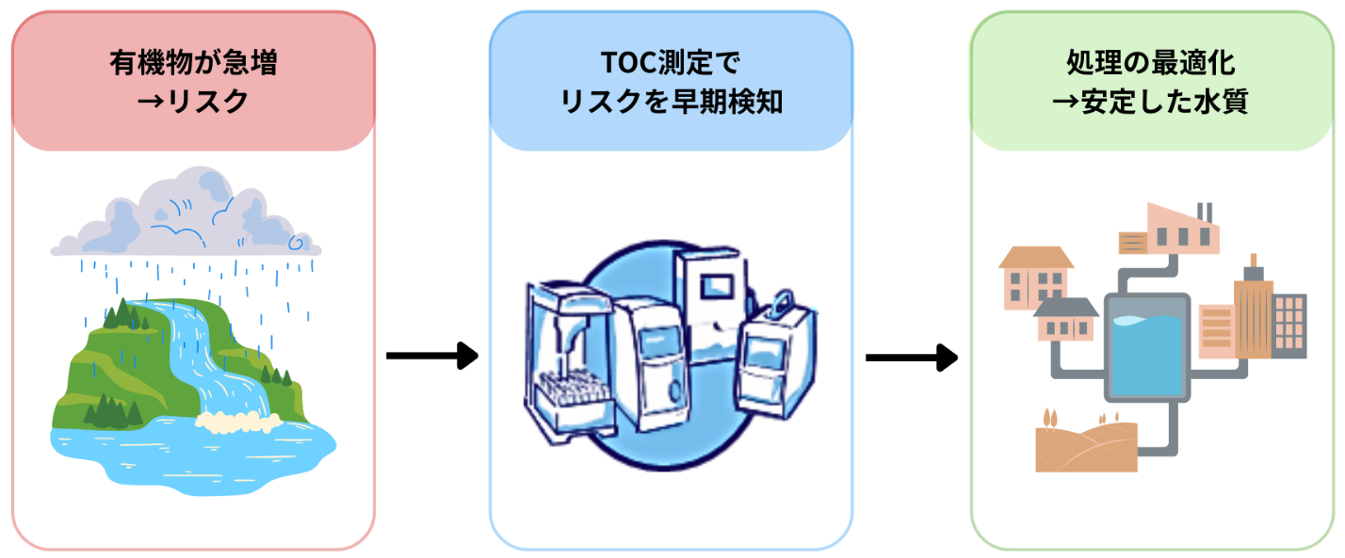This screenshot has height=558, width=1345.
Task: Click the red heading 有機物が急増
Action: [193, 64]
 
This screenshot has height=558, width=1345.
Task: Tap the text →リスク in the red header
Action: [193, 101]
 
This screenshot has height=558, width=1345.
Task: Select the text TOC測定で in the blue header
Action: [671, 64]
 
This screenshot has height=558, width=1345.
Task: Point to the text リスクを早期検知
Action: [671, 101]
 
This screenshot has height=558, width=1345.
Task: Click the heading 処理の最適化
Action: [1150, 64]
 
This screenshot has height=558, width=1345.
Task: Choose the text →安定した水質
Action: [1150, 101]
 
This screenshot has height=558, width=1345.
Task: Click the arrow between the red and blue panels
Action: [432, 356]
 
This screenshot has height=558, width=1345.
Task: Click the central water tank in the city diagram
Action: [1146, 346]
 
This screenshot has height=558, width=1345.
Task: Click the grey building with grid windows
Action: [1289, 325]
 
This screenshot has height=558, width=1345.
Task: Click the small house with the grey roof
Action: [1065, 320]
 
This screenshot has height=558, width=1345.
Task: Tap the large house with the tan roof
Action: [1033, 278]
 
